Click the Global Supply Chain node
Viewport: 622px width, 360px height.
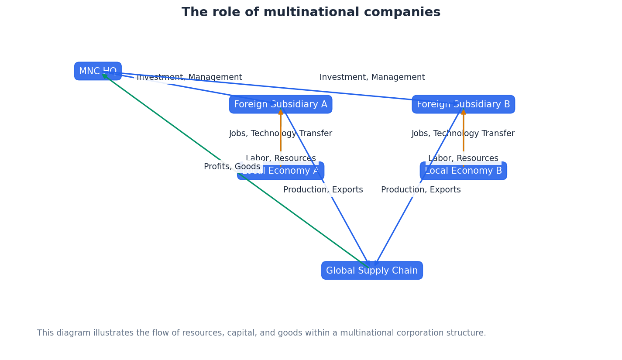(x=372, y=271)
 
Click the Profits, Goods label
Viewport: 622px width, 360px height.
(x=232, y=167)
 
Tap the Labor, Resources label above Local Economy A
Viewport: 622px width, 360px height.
(x=281, y=158)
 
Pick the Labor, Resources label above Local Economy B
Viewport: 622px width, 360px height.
(x=463, y=158)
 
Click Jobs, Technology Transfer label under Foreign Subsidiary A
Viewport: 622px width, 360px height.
(x=281, y=134)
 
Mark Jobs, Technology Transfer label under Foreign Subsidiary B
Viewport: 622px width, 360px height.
(x=463, y=134)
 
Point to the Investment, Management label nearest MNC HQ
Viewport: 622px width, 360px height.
(x=189, y=77)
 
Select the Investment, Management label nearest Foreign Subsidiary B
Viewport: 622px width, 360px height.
(x=372, y=77)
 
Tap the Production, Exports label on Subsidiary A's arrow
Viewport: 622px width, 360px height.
(x=323, y=190)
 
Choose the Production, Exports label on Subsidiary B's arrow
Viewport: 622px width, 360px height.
(x=421, y=190)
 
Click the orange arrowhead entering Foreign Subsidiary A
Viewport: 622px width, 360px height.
(x=281, y=112)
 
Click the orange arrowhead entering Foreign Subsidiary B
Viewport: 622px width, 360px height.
(x=463, y=112)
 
